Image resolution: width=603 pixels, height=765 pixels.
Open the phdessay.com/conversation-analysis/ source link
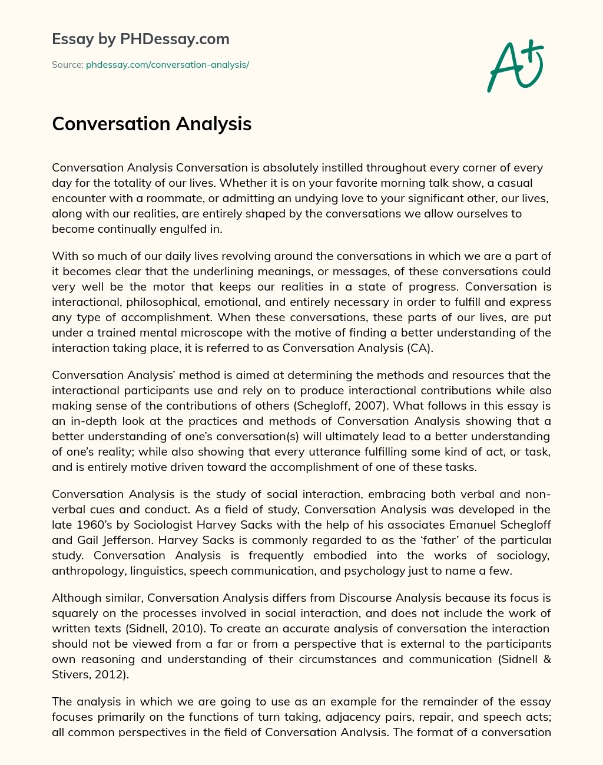pos(167,65)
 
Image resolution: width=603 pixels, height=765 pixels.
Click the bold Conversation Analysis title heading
pos(151,124)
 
